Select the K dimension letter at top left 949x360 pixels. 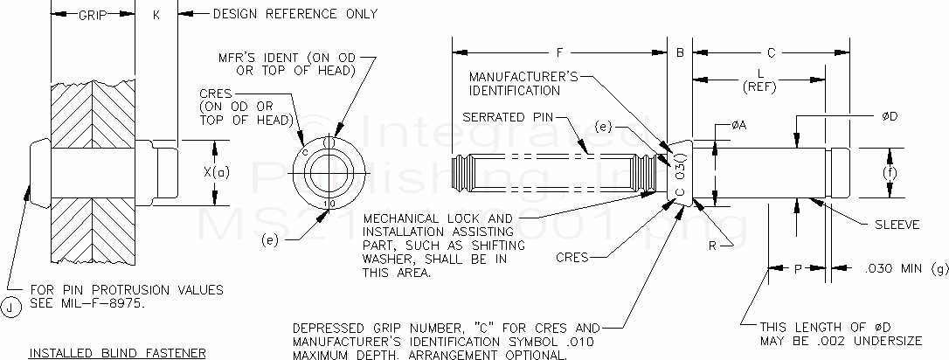156,15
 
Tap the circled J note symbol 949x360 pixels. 10,306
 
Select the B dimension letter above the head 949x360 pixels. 679,52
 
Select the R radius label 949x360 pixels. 713,246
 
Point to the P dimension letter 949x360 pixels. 797,270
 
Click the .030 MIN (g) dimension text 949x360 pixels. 899,270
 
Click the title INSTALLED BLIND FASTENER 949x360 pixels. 117,353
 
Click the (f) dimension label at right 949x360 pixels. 890,173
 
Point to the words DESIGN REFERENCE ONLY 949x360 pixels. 295,14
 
